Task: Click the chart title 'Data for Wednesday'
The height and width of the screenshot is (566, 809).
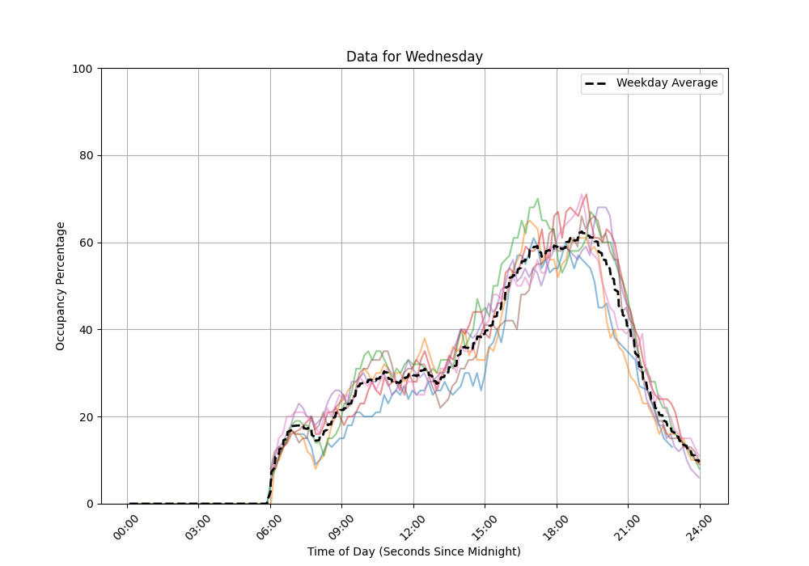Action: pos(414,57)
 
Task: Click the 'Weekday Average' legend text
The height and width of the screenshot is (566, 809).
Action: pos(667,83)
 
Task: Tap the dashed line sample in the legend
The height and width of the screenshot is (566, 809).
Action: pos(597,83)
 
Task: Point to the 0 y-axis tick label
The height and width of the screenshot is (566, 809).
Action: pos(90,504)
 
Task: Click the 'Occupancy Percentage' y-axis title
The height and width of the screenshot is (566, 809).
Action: pos(61,286)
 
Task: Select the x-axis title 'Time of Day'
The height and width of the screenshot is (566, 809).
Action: pos(414,551)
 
